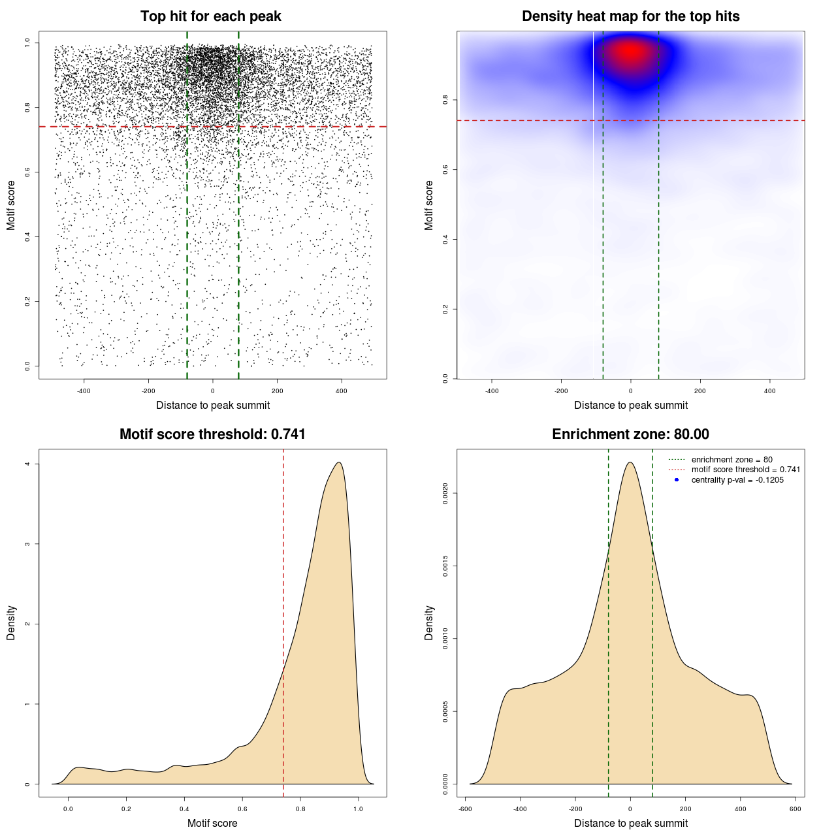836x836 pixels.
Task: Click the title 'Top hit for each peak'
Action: click(x=210, y=16)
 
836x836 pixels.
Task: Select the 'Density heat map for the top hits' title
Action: click(x=630, y=16)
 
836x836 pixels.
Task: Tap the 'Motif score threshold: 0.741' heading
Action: click(x=212, y=434)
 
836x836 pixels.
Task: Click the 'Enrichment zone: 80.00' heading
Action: click(x=630, y=434)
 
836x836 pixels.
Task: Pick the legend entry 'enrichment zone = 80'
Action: click(x=731, y=460)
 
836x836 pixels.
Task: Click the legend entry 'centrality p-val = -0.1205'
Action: click(x=737, y=480)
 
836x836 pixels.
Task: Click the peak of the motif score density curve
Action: click(x=338, y=462)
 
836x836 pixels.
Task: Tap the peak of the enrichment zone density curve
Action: click(x=630, y=462)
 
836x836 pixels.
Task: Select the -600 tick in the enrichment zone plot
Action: click(x=465, y=809)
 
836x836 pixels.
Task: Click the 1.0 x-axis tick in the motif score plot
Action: click(x=358, y=809)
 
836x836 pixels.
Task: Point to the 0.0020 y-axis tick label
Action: click(x=445, y=494)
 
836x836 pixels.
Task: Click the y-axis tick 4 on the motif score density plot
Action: click(x=27, y=464)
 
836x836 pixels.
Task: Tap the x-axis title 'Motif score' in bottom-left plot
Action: click(x=212, y=823)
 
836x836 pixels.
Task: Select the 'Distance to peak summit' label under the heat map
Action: click(x=630, y=405)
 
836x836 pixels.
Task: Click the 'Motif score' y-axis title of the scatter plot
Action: click(x=11, y=205)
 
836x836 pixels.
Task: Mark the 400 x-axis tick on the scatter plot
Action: click(x=341, y=391)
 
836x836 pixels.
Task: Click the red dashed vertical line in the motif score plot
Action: click(x=283, y=620)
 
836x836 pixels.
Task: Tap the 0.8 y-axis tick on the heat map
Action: click(x=445, y=99)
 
